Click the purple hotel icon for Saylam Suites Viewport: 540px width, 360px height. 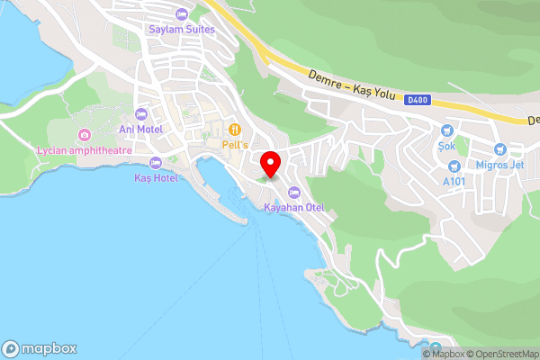coord(181,14)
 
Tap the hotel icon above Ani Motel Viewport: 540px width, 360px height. coord(140,113)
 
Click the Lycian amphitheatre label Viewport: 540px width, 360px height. coord(85,149)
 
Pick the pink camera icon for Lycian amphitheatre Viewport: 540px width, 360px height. coord(85,136)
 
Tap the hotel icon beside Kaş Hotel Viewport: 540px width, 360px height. coord(155,163)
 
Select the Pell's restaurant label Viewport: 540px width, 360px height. coord(235,144)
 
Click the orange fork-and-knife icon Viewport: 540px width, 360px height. coord(235,130)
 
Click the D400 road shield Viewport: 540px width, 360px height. coord(416,100)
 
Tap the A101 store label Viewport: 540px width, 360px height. coord(454,180)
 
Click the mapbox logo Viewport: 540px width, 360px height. coord(40,348)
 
